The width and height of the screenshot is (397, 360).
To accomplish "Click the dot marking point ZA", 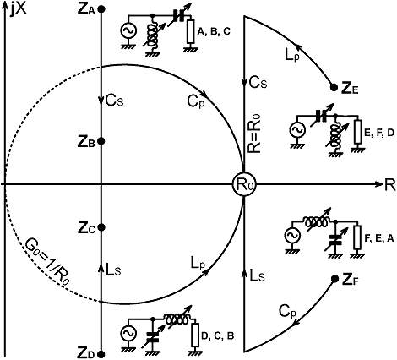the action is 102,9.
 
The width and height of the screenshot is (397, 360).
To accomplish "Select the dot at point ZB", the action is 102,141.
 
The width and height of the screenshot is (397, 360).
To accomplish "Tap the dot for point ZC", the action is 102,227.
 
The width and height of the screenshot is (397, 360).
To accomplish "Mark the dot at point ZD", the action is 102,354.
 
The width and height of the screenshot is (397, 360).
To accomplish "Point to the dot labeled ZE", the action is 334,87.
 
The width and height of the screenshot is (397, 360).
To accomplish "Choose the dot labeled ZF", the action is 334,279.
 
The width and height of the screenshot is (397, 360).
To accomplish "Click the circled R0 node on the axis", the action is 244,184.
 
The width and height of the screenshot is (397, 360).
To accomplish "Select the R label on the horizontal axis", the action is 389,186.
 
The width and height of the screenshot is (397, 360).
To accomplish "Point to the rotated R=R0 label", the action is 255,134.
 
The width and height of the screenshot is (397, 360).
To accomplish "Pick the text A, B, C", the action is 214,32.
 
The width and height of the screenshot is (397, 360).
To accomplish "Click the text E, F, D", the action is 379,134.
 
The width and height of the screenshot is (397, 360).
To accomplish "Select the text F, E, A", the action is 379,239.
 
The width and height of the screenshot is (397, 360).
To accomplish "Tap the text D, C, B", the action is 218,336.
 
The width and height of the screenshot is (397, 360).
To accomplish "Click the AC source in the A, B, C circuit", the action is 128,31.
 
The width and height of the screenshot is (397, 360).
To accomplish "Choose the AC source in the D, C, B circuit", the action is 128,334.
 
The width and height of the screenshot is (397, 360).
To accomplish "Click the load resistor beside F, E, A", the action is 357,237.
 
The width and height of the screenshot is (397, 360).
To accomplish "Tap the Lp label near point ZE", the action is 291,56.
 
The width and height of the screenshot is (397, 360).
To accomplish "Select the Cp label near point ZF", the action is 287,312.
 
